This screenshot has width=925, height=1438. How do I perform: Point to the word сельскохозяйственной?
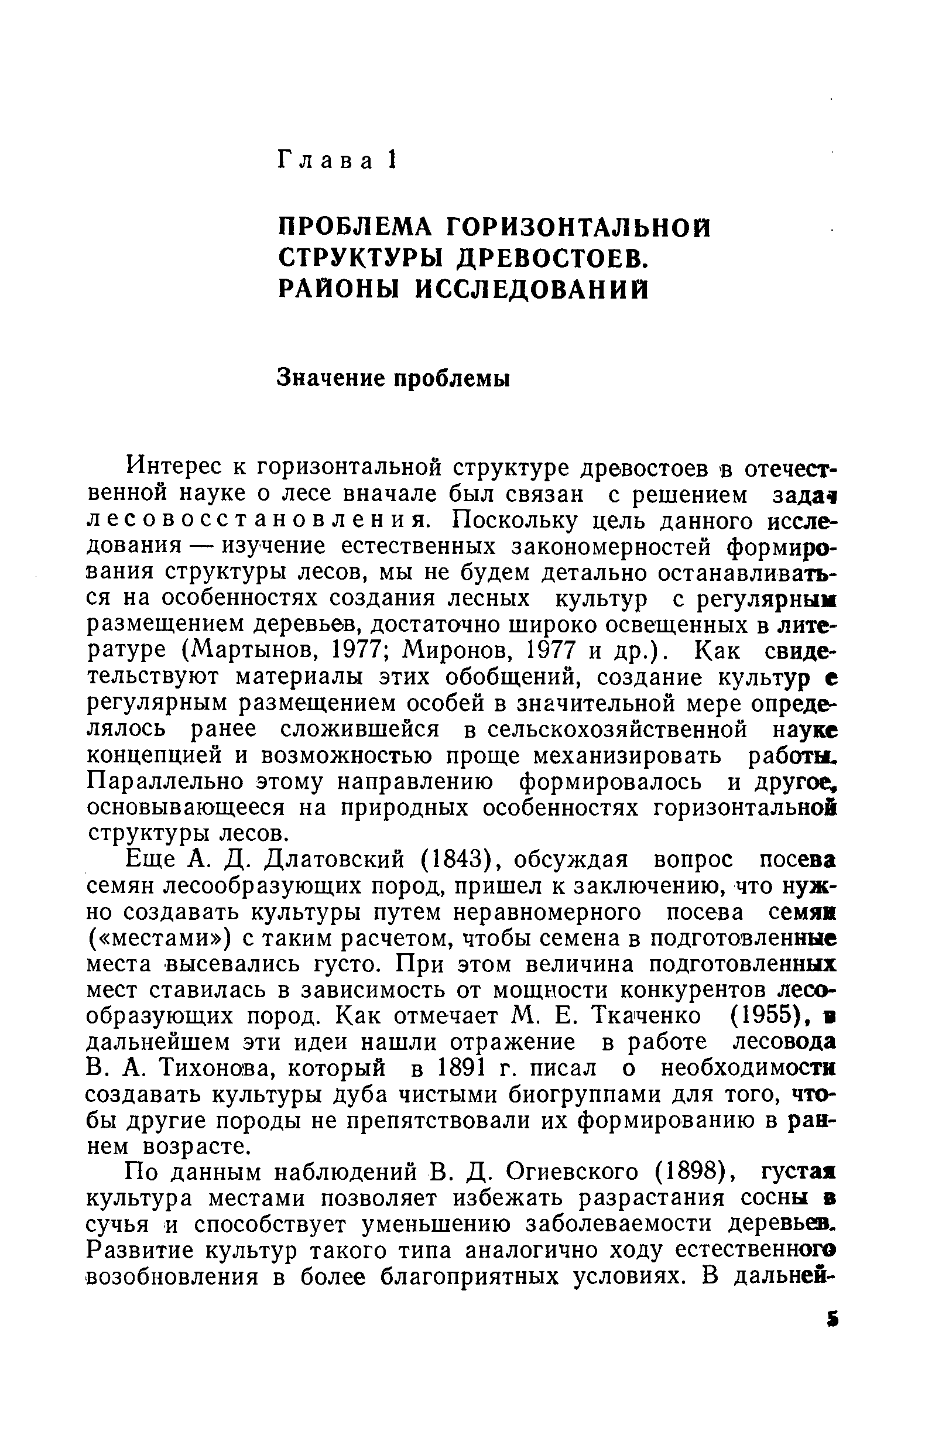(x=618, y=729)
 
